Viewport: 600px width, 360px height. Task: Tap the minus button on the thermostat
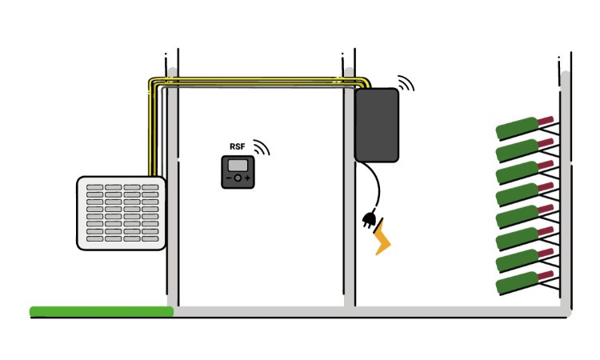click(x=228, y=178)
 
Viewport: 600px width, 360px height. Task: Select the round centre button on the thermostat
click(x=238, y=178)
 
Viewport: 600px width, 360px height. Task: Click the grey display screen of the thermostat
click(x=238, y=165)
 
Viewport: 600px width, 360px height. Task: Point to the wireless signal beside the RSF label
click(x=262, y=146)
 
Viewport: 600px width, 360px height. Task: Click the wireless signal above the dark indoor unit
click(x=406, y=83)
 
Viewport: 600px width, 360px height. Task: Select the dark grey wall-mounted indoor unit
click(x=378, y=125)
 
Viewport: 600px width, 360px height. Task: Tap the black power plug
click(x=370, y=218)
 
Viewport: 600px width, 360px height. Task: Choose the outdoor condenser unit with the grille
click(x=122, y=214)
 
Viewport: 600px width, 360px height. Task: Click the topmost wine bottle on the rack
click(x=518, y=127)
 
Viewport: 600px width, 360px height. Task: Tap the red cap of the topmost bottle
click(x=546, y=120)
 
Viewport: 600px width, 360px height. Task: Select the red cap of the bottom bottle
click(x=546, y=275)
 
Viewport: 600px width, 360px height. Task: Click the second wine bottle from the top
click(x=518, y=150)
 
